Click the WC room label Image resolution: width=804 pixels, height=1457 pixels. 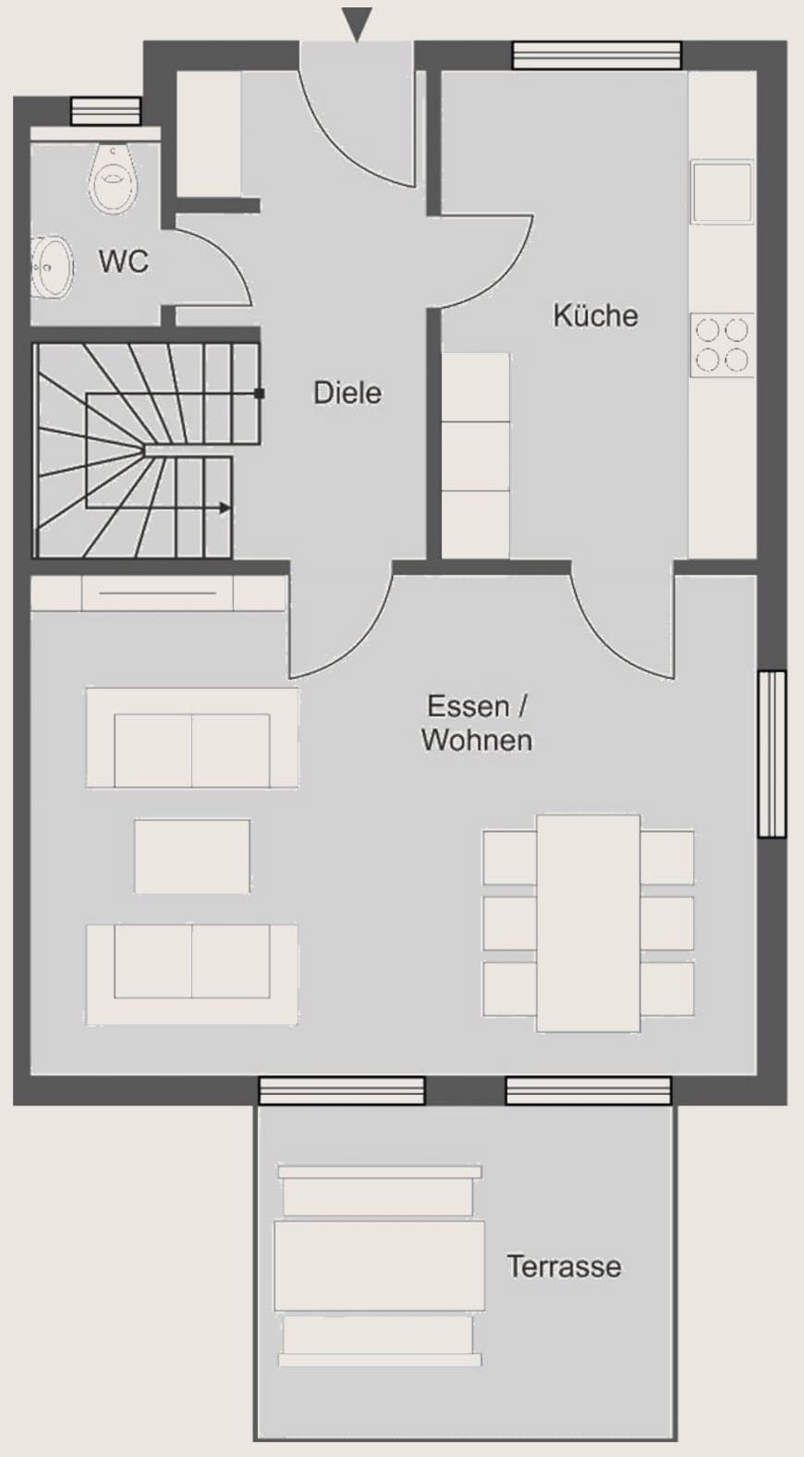tap(124, 261)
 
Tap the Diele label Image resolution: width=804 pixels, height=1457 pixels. tap(347, 393)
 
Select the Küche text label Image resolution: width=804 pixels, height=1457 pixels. tap(595, 315)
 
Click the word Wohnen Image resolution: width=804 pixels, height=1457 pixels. tap(477, 740)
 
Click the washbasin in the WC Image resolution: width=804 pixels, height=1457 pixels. tap(52, 266)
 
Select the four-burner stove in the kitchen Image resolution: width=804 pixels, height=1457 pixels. tap(723, 345)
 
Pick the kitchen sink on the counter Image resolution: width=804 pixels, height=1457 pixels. tap(722, 192)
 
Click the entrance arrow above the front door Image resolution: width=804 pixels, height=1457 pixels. tap(358, 23)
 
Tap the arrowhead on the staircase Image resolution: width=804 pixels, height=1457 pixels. tap(225, 508)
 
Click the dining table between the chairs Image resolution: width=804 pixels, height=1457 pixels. tap(588, 923)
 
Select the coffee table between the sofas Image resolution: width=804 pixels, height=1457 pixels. tap(192, 856)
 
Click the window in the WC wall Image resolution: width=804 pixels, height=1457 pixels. tap(105, 111)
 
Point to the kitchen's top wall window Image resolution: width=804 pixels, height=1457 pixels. tap(597, 55)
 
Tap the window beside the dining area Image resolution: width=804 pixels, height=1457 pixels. tap(773, 753)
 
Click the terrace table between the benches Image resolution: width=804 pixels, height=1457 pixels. tap(379, 1266)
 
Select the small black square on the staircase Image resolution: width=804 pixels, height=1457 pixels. tap(260, 394)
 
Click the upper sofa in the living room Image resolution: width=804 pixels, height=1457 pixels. tap(192, 738)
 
